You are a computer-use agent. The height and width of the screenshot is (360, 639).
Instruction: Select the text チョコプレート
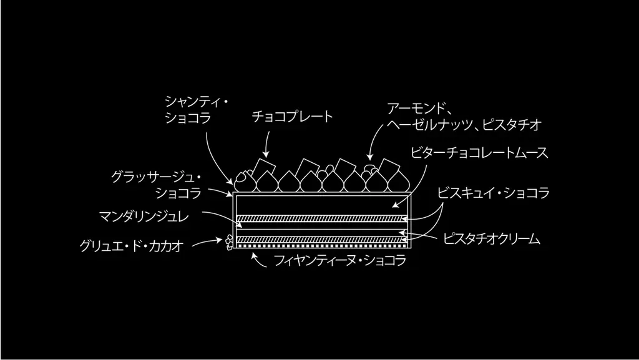point(293,117)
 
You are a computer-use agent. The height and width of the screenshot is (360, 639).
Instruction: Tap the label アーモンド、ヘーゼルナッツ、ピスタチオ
point(463,117)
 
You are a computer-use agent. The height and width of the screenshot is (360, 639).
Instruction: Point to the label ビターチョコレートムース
point(480,153)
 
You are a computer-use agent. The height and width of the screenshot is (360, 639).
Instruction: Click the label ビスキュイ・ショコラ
point(493,193)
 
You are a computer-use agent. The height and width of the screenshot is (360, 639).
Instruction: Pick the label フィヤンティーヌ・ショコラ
point(340,261)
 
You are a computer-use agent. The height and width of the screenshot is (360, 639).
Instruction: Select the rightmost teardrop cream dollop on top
point(400,182)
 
